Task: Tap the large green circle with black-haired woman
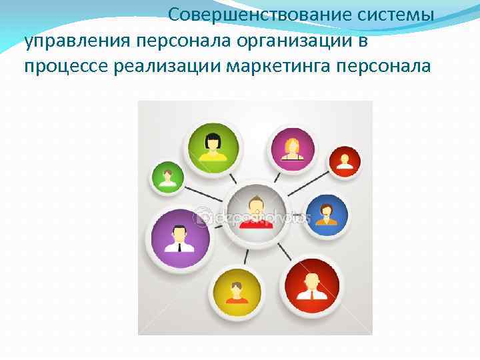[x=214, y=146]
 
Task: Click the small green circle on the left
[x=167, y=177]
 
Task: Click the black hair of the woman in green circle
[x=214, y=139]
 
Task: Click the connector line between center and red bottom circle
[x=284, y=251]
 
